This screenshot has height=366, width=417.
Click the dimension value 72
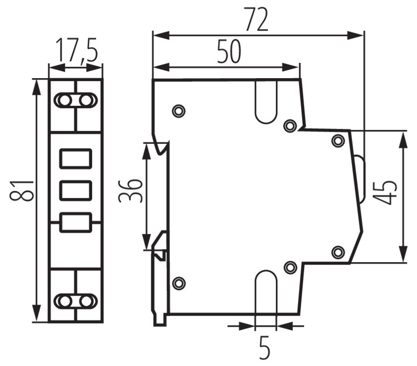[x=257, y=19]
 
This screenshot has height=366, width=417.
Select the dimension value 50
[x=229, y=51]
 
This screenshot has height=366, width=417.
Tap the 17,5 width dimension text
[x=77, y=50]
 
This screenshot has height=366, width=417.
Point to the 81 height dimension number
[x=22, y=191]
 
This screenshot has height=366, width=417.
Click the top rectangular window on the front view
[x=76, y=159]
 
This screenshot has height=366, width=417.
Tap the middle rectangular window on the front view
[x=76, y=190]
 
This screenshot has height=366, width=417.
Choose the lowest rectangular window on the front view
[x=76, y=223]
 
